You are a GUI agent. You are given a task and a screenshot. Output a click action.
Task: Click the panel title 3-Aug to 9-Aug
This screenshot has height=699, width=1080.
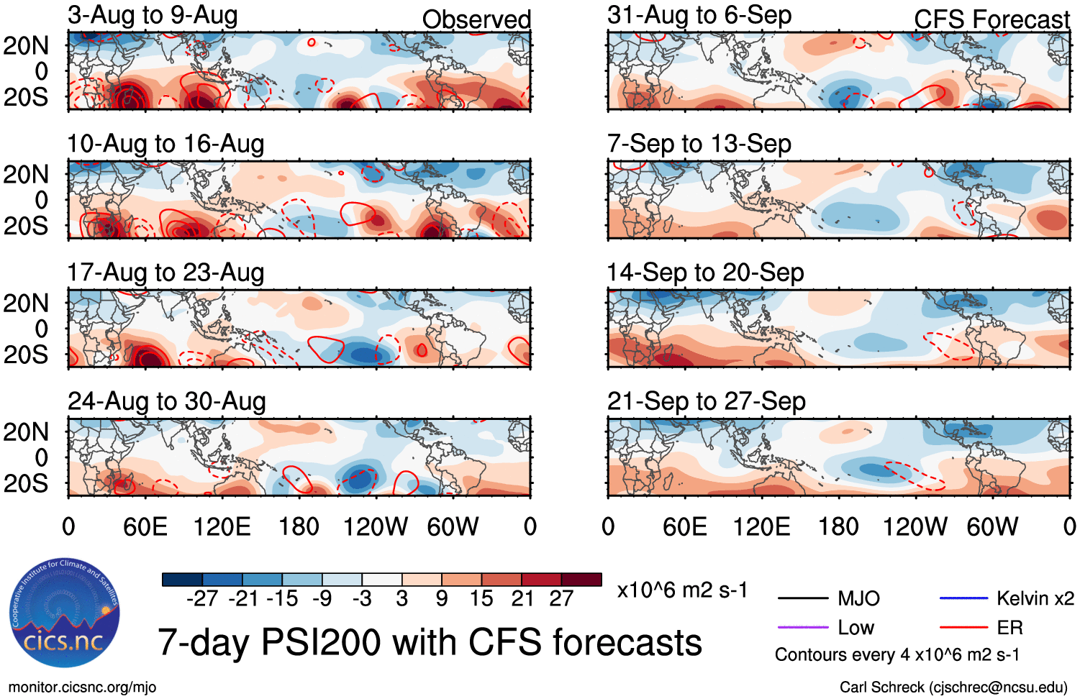point(153,15)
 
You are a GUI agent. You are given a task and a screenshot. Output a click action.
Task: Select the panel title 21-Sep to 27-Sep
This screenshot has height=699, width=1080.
point(706,401)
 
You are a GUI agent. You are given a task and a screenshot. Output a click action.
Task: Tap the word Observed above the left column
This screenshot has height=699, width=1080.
point(476,19)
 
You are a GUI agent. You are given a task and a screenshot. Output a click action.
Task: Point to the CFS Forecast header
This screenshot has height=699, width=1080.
point(991,19)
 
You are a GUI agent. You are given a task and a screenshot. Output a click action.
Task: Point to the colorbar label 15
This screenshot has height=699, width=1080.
point(481,598)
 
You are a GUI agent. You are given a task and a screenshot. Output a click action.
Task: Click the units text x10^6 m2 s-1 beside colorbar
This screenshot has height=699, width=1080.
point(682,590)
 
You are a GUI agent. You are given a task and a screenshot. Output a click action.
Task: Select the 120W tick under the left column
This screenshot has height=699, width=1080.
point(376,527)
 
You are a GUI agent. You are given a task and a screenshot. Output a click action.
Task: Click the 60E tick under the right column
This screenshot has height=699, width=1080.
point(685,527)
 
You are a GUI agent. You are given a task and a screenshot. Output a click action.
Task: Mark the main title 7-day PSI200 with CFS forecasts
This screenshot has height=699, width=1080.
point(430,642)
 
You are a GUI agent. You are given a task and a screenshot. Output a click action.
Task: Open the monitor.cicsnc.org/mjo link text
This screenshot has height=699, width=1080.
point(82,687)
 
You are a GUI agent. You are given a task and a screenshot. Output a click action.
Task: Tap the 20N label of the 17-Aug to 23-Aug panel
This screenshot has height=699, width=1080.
point(26,303)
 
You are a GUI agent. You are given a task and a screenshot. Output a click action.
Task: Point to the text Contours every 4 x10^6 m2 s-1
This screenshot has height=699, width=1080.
point(897,655)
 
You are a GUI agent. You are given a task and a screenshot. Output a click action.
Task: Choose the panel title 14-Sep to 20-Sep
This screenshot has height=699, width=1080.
point(705,273)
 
